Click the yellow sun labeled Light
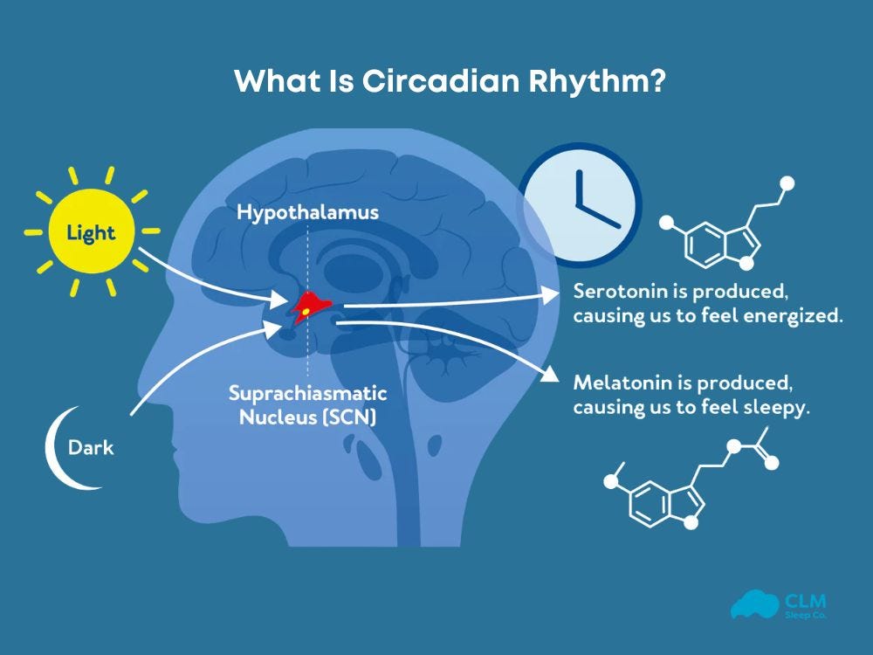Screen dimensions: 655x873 pyautogui.click(x=92, y=232)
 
